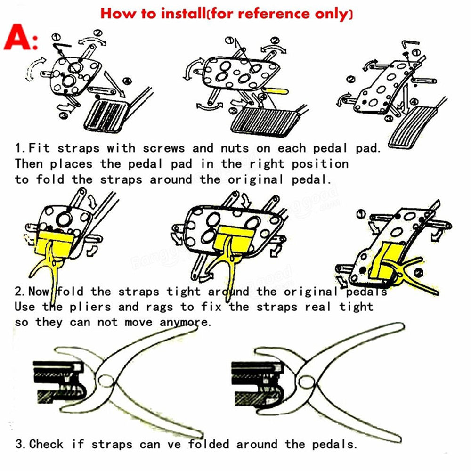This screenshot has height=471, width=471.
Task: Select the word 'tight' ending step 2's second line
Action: (356, 308)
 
